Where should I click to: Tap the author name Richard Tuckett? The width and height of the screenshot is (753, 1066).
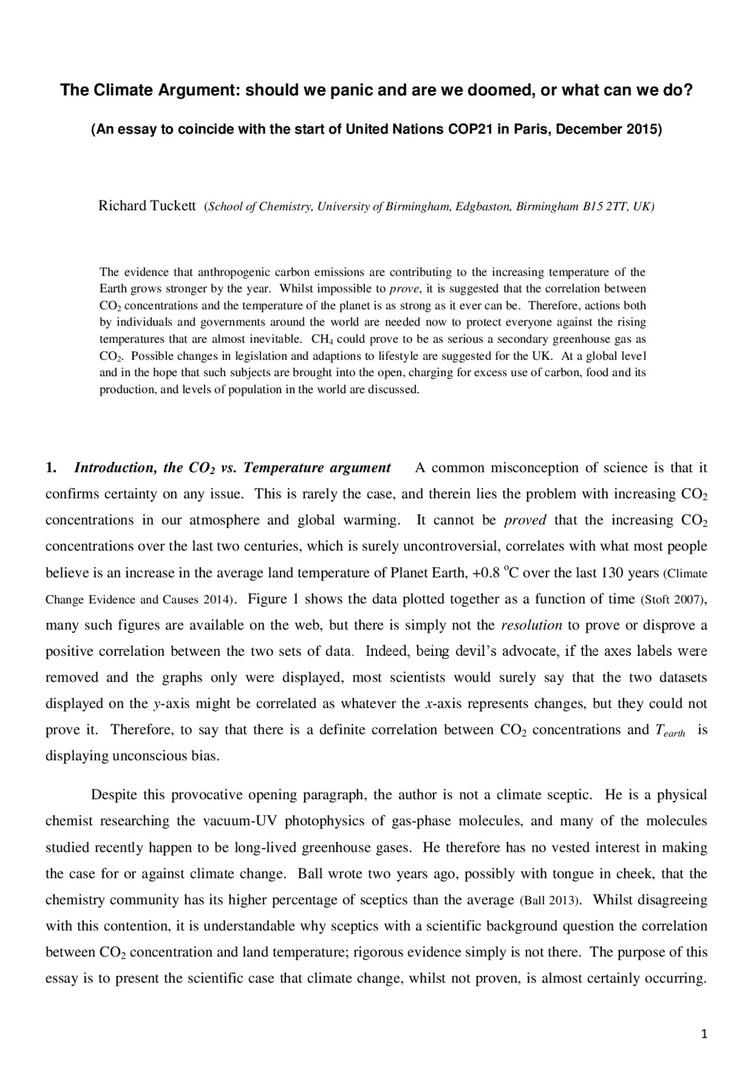click(146, 206)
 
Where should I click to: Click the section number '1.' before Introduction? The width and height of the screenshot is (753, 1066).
click(51, 468)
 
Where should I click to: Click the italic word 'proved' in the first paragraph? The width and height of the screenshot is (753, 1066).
click(525, 520)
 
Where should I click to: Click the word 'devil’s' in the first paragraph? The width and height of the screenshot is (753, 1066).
click(476, 652)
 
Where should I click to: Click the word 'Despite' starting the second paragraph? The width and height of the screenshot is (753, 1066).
click(115, 795)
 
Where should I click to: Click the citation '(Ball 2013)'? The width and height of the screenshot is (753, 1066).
click(551, 901)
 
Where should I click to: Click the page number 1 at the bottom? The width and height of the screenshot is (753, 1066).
click(704, 1034)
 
